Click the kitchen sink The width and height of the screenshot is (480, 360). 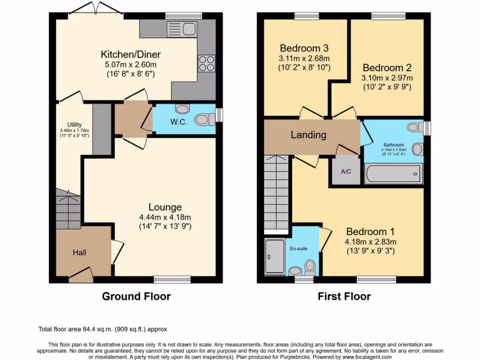182,29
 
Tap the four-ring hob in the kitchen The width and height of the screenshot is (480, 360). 207,63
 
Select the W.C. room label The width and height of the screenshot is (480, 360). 179,122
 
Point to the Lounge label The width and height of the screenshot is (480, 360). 165,207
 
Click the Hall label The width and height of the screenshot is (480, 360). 79,253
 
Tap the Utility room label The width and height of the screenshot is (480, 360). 75,124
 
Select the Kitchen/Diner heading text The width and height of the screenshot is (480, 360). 131,54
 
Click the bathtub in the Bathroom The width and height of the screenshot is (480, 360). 393,173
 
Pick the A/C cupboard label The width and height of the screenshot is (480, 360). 346,172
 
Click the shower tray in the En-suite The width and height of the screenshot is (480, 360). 275,256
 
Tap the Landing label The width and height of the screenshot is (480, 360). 308,135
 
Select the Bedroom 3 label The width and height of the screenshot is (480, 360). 304,48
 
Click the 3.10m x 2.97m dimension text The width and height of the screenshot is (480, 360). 387,78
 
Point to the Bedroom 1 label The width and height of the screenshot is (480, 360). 370,232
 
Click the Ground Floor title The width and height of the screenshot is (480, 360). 136,296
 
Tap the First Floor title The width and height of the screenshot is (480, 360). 345,296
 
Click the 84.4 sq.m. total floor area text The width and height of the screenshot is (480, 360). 98,330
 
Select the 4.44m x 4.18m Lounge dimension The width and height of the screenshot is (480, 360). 165,217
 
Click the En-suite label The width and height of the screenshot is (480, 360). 299,248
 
